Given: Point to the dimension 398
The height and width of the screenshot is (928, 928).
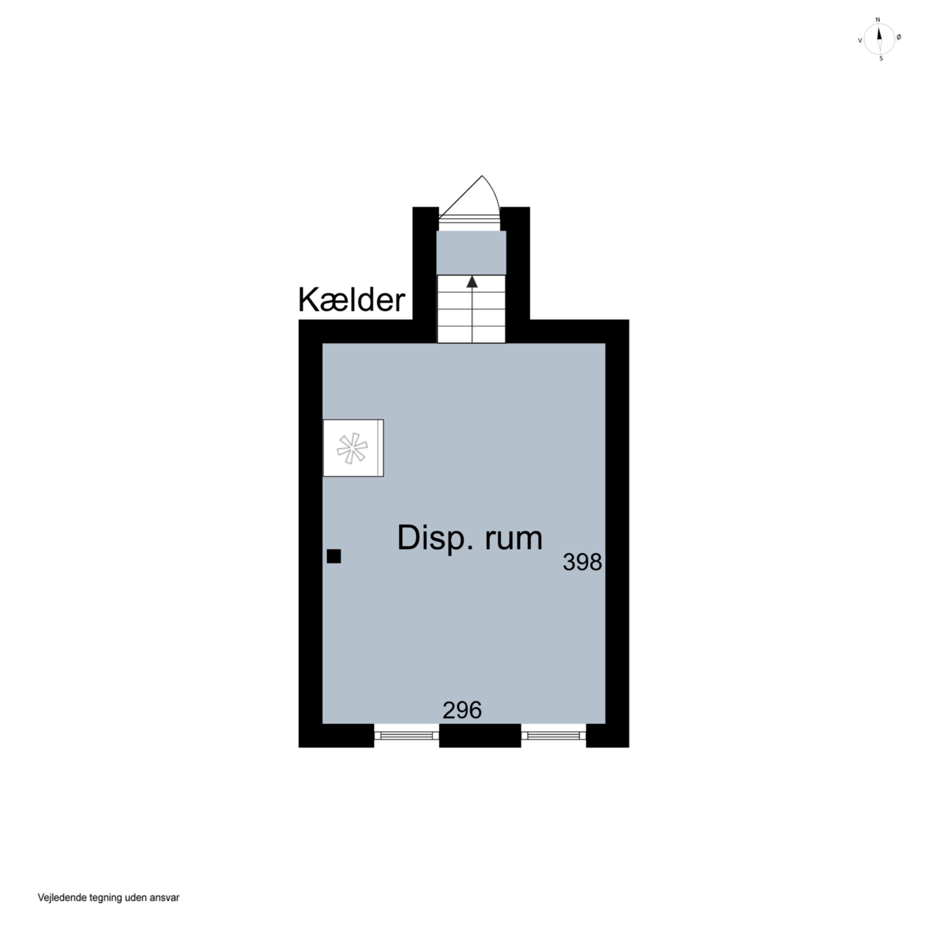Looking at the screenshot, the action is pyautogui.click(x=582, y=562).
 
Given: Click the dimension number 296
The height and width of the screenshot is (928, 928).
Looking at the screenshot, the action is pyautogui.click(x=462, y=710).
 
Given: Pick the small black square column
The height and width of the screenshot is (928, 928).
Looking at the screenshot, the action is pyautogui.click(x=334, y=556).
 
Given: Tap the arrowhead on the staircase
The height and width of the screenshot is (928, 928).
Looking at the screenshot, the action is pyautogui.click(x=472, y=282).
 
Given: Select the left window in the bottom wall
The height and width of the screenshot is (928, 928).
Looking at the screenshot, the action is pyautogui.click(x=406, y=735).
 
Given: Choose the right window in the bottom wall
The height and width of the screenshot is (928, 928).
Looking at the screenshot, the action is pyautogui.click(x=553, y=735).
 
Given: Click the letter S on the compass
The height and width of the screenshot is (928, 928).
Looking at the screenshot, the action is pyautogui.click(x=881, y=58).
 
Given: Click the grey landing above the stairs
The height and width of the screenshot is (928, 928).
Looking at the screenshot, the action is pyautogui.click(x=471, y=253).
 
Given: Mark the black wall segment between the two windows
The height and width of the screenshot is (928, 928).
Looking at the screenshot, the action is pyautogui.click(x=480, y=735).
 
